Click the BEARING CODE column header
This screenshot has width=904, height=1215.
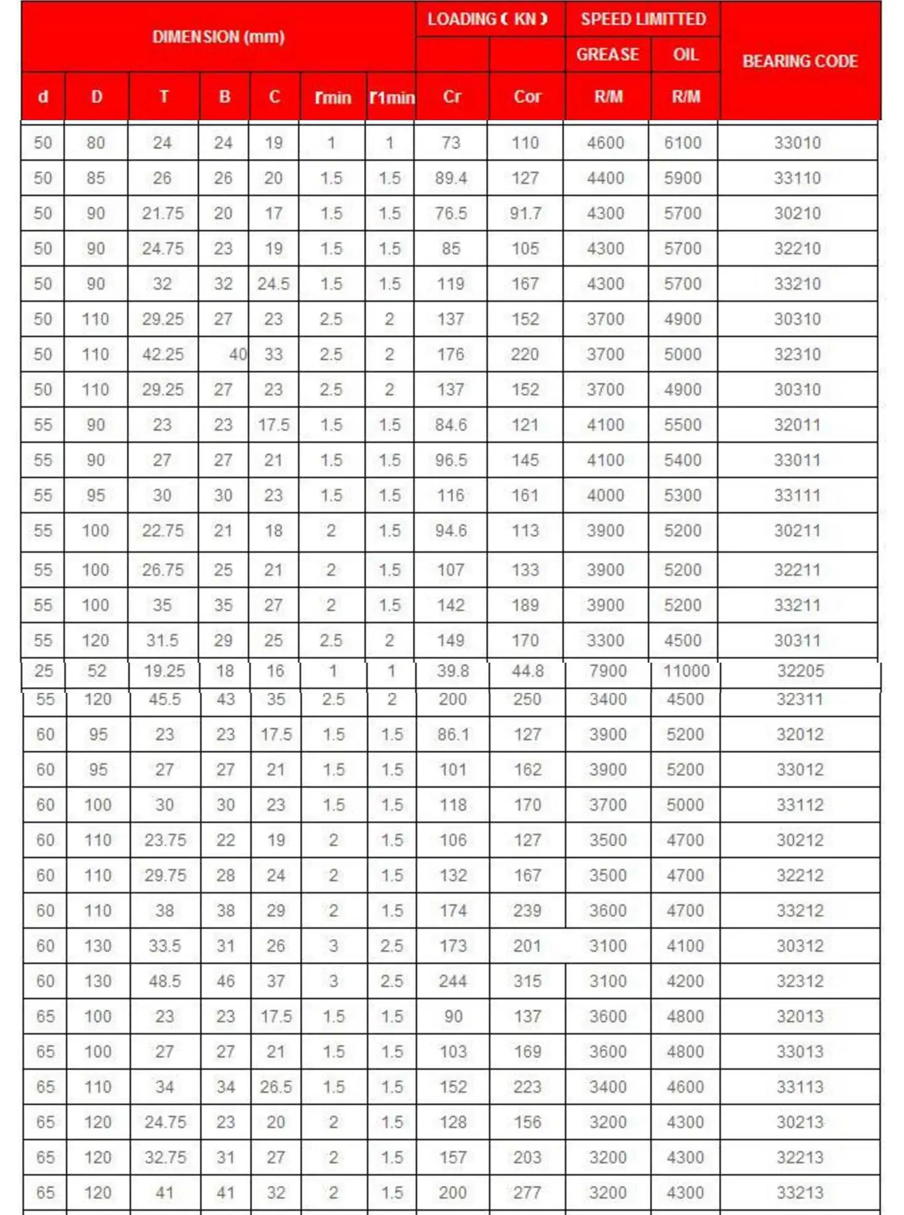800,61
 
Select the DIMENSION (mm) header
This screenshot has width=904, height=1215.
218,37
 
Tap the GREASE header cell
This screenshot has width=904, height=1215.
608,55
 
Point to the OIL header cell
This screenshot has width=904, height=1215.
685,55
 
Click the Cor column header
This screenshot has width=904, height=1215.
527,97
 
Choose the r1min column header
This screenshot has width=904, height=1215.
392,97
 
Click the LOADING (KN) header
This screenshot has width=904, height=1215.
488,19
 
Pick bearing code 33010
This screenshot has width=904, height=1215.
797,143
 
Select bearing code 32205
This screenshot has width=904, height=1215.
800,671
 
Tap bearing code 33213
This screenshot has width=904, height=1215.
800,1193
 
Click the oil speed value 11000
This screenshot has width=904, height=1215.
686,671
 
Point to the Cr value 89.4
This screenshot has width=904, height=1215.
451,178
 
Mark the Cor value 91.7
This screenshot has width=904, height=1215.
526,213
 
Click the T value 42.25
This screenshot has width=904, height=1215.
163,354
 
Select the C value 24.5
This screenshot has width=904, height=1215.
274,284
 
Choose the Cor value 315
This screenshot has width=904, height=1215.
527,981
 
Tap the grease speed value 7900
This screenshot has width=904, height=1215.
608,671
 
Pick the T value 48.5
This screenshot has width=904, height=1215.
165,981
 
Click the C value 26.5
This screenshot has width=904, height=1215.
275,1087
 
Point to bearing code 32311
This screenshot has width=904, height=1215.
800,699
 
